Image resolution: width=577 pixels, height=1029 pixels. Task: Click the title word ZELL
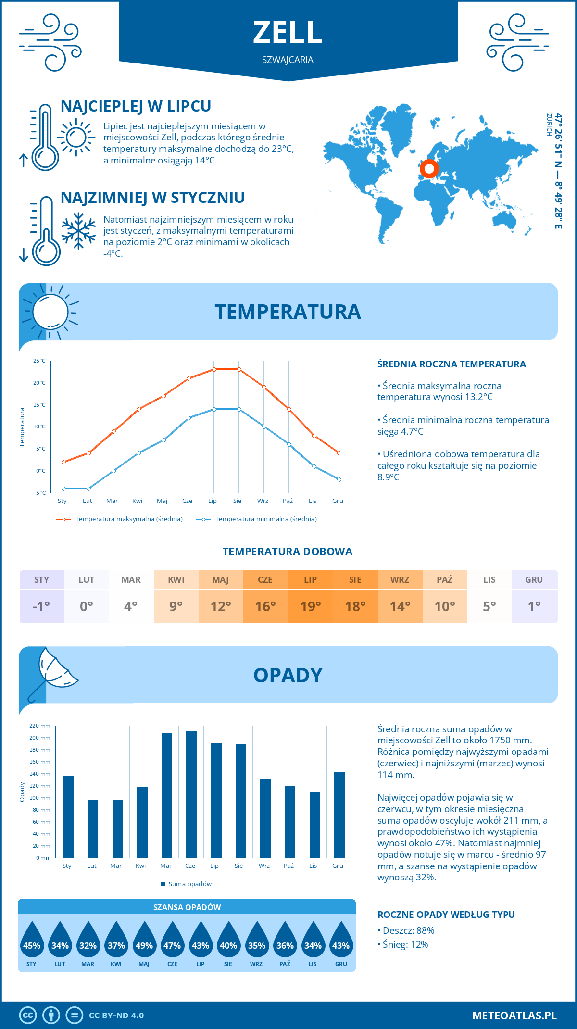pos(288,33)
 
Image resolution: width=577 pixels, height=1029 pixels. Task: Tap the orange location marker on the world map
pos(429,169)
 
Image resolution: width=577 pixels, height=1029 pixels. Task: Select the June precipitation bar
pos(191,794)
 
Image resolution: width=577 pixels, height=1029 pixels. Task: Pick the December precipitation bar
pos(339,815)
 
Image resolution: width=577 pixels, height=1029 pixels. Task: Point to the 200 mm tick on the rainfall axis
pos(40,738)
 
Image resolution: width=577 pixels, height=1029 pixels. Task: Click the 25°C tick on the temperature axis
pos(39,361)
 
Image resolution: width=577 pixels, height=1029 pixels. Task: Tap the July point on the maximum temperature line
pos(214,369)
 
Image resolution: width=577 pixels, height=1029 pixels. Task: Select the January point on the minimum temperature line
pos(63,489)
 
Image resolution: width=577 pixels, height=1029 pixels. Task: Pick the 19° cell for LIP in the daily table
pos(310,606)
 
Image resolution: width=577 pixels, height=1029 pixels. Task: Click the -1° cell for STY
pos(41,606)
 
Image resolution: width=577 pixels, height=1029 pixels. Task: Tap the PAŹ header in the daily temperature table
pos(445,579)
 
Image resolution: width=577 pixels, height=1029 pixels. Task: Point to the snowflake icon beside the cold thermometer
pos(78,231)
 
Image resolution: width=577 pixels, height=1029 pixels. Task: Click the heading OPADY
pos(288,675)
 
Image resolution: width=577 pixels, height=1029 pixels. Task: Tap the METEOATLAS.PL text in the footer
pos(514,1016)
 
